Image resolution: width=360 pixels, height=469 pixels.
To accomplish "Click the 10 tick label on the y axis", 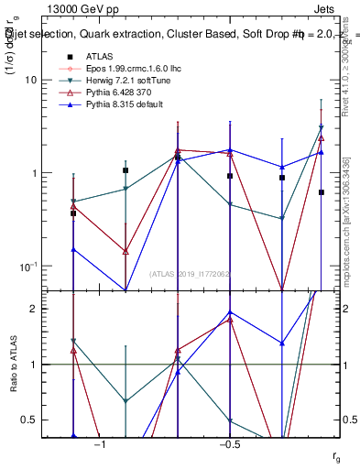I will pyautogui.click(x=30, y=80).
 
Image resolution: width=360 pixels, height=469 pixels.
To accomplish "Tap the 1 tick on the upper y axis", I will pyautogui.click(x=34, y=173).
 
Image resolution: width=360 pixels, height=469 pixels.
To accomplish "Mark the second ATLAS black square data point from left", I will pyautogui.click(x=125, y=170).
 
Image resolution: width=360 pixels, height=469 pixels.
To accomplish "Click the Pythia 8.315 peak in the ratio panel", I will pyautogui.click(x=230, y=312).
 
